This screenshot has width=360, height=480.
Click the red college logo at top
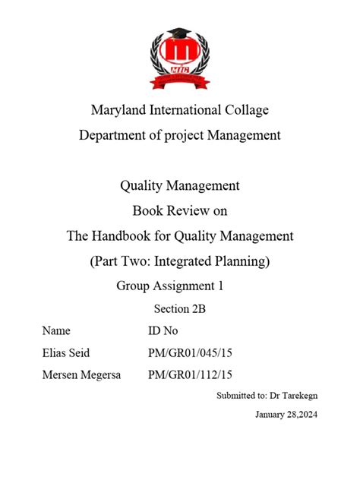click(x=179, y=55)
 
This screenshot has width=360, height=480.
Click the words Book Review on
click(x=180, y=210)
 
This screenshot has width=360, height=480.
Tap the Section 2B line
click(x=180, y=308)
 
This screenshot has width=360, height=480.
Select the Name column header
click(x=56, y=330)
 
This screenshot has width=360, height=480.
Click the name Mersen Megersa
click(x=83, y=374)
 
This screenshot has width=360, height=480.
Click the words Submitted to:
click(x=242, y=396)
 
